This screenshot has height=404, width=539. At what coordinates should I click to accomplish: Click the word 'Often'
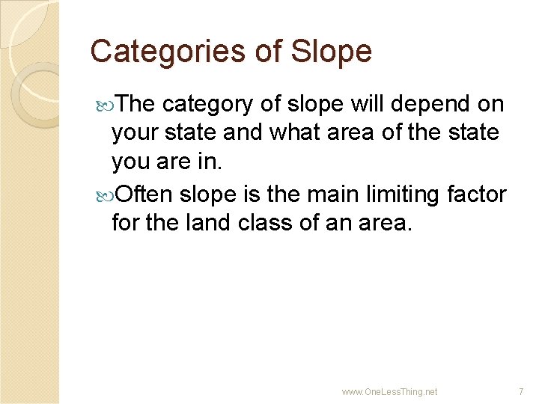(x=145, y=195)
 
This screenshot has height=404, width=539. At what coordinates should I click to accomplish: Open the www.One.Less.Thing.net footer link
(x=389, y=391)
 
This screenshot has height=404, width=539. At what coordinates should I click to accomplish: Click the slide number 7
(x=521, y=391)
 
